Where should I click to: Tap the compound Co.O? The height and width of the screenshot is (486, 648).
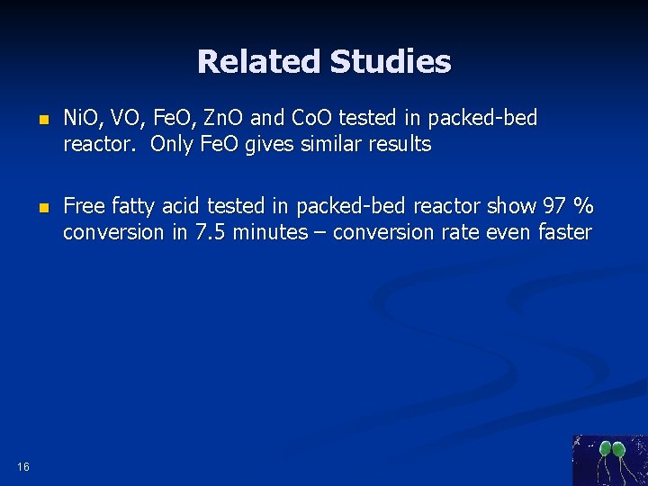(318, 118)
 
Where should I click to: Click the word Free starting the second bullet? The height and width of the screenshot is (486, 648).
(85, 206)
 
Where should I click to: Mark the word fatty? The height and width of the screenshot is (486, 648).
(135, 206)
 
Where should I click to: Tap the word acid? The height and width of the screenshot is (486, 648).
(184, 206)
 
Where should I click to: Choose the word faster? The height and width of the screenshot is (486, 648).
(563, 232)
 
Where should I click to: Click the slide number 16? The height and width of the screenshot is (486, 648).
(22, 466)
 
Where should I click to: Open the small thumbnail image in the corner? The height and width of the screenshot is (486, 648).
(609, 460)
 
